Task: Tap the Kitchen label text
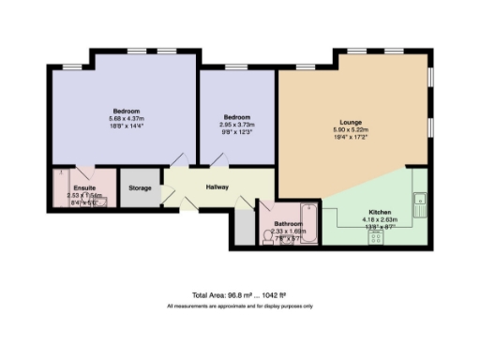coord(380,213)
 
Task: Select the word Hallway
coord(217,187)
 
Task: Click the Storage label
coord(141,188)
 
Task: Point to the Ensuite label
coord(71,187)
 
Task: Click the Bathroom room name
coord(287,225)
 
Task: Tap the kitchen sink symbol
coord(421,198)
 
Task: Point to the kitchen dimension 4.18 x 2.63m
coord(380,220)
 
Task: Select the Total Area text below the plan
coord(240,295)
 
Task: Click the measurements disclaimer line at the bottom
coord(240,307)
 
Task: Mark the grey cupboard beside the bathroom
coord(243,227)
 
